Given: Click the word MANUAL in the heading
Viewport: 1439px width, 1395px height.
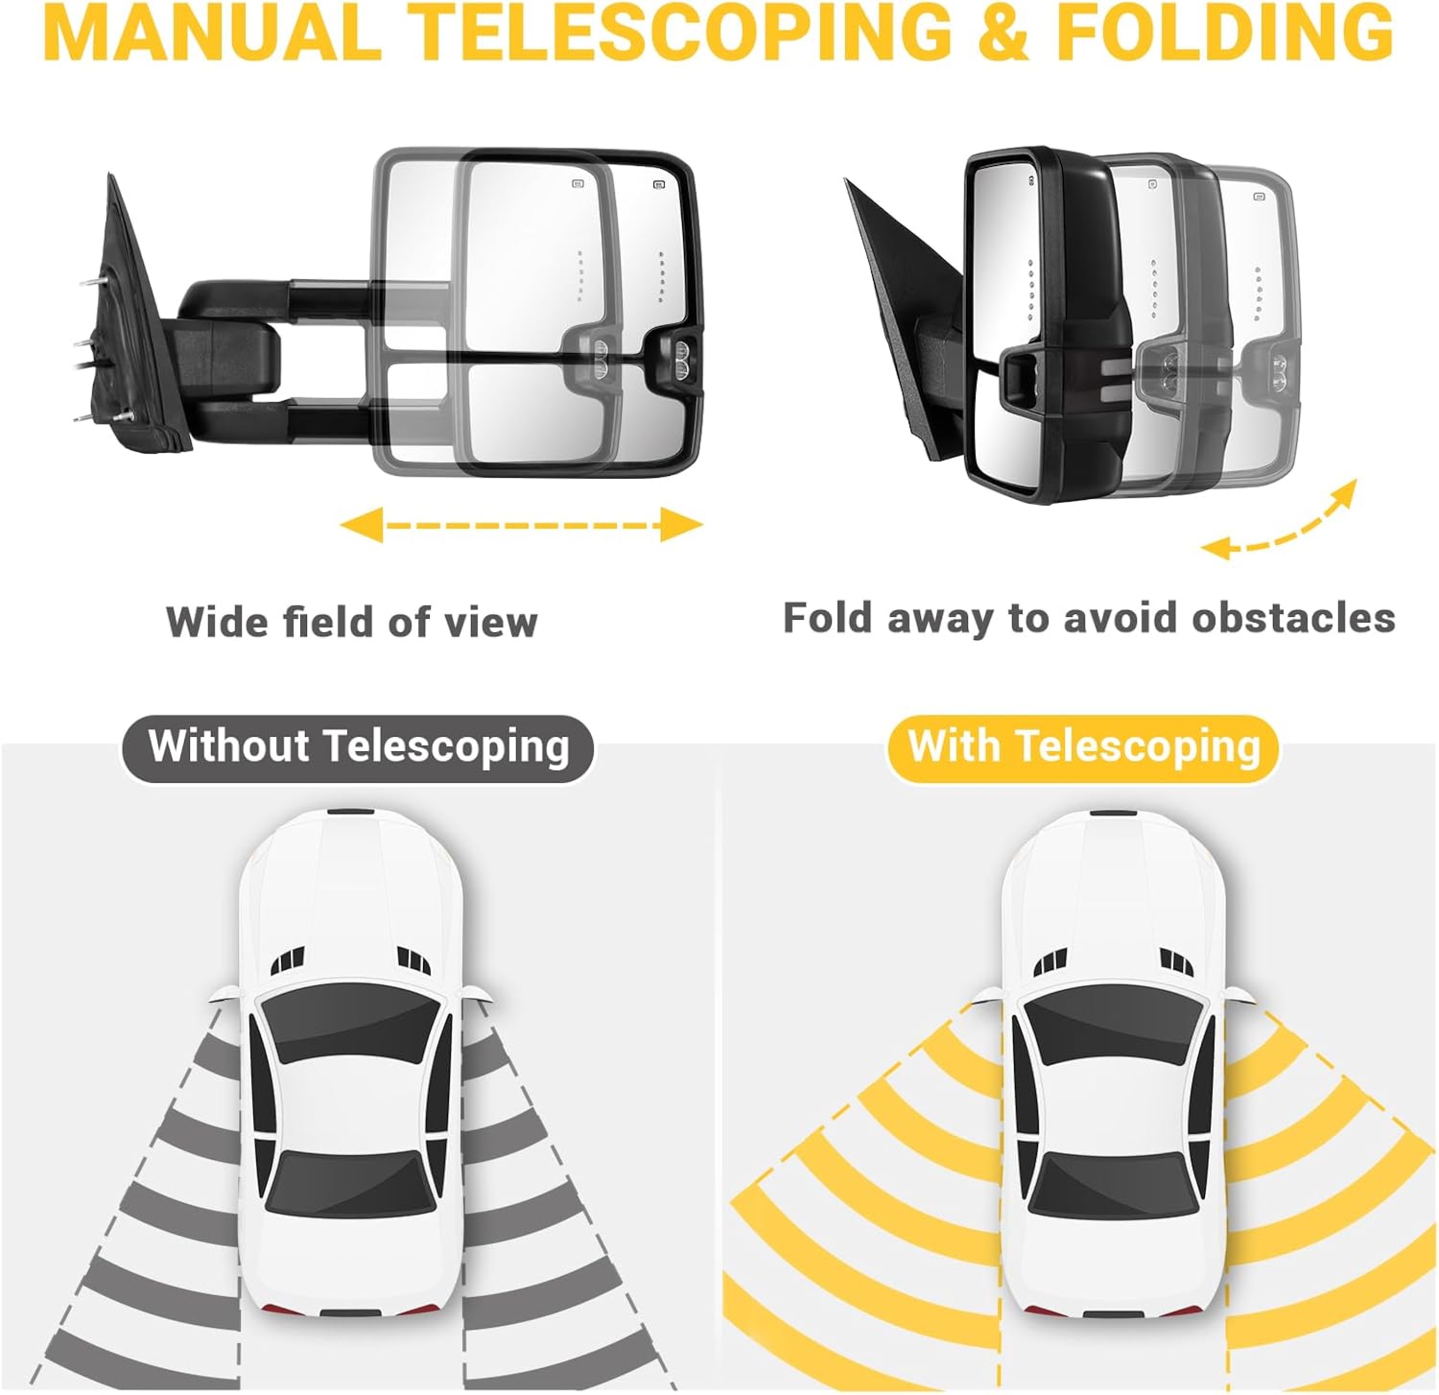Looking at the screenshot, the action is [x=212, y=33].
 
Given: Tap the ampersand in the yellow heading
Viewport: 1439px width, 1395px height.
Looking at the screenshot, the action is [x=1005, y=33].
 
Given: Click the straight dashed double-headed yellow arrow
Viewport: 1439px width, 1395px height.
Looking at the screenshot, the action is [x=522, y=525].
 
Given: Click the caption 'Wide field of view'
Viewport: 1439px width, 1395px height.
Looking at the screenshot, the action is [x=352, y=622].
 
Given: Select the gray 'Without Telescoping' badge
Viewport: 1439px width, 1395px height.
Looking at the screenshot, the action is [x=358, y=747].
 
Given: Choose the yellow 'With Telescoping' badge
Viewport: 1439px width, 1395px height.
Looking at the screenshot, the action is [x=1083, y=747].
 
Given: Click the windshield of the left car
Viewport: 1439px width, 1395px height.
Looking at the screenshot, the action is [x=350, y=1025].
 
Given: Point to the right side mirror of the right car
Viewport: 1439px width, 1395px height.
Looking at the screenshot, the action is [x=1238, y=994].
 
